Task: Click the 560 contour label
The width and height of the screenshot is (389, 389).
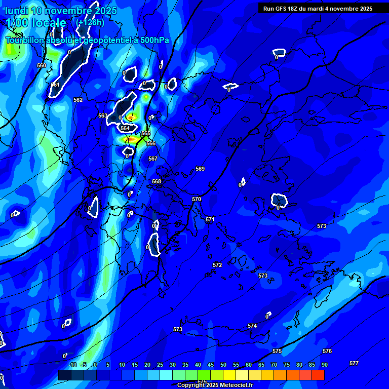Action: pyautogui.click(x=42, y=65)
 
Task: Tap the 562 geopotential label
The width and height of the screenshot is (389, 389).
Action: pyautogui.click(x=78, y=100)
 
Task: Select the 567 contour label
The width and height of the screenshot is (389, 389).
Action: pyautogui.click(x=153, y=159)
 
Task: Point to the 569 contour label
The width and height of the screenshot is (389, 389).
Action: pyautogui.click(x=200, y=169)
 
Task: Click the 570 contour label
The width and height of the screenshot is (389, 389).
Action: pyautogui.click(x=197, y=199)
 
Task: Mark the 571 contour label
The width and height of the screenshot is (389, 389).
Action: pyautogui.click(x=210, y=219)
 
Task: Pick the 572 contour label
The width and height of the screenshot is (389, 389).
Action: pyautogui.click(x=217, y=265)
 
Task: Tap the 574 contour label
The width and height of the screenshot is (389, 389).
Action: pyautogui.click(x=252, y=326)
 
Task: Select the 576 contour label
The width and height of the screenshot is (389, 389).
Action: pyautogui.click(x=327, y=351)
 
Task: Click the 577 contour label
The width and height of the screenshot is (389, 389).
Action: pyautogui.click(x=354, y=363)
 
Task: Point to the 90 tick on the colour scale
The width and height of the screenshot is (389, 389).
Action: pyautogui.click(x=324, y=365)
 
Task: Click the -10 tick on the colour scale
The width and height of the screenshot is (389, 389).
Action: pyautogui.click(x=72, y=365)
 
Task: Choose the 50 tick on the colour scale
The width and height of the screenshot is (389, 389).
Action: pyautogui.click(x=223, y=365)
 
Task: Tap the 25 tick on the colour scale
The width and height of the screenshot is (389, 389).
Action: pyautogui.click(x=160, y=365)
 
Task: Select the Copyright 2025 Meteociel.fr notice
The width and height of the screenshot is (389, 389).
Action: pyautogui.click(x=215, y=385)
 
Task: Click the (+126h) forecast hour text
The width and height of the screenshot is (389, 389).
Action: pyautogui.click(x=90, y=22)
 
